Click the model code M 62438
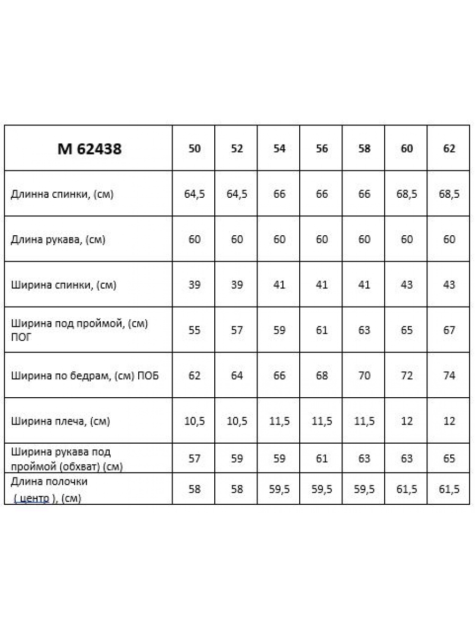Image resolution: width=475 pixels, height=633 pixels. pos(89,149)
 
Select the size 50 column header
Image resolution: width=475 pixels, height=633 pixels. pos(194,149)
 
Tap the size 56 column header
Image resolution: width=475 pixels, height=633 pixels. pos(321,149)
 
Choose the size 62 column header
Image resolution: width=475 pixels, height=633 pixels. pos(449,149)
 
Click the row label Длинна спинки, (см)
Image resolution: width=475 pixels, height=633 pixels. pos(62,194)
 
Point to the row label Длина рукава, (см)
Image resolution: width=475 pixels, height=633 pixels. pos(58,239)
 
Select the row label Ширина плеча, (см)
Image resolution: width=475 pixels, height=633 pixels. pos(60,421)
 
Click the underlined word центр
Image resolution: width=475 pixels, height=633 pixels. pos(32,498)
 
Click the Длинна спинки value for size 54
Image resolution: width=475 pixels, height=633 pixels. pos(279,194)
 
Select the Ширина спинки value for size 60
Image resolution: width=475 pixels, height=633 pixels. pos(406,285)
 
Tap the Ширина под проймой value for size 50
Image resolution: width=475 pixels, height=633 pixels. pos(194,330)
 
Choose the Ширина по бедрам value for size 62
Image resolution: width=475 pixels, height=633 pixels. pos(449,376)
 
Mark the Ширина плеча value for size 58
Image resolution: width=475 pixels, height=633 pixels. pos(364,421)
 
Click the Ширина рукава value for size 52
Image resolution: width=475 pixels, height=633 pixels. pos(237,458)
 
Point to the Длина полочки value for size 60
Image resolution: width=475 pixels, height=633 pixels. pos(406,490)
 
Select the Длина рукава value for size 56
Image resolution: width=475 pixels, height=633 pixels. pos(321,239)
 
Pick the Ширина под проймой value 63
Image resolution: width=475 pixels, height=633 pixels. pos(364,330)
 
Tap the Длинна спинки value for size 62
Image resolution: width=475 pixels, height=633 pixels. pos(449,194)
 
